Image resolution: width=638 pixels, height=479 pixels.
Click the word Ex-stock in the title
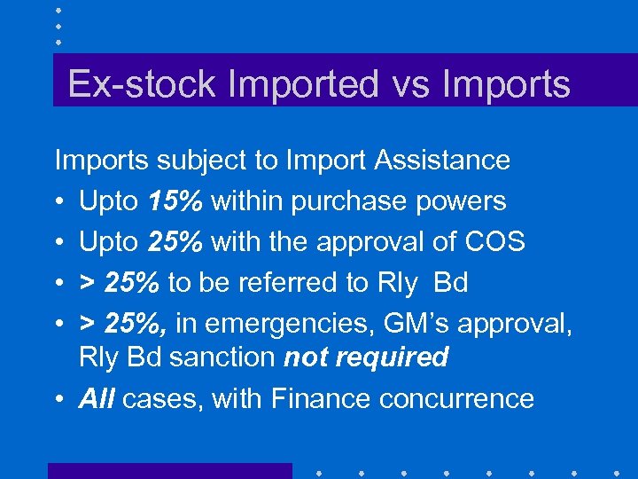(141, 85)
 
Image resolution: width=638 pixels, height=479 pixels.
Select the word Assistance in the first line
(442, 161)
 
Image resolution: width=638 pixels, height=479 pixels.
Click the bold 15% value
(177, 201)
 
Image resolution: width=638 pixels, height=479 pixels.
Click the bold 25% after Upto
(177, 242)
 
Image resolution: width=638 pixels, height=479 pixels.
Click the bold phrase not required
(367, 357)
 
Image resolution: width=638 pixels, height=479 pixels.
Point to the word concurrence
(463, 399)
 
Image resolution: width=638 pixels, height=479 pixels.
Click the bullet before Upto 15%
(59, 202)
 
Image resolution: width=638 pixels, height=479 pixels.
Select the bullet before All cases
(59, 399)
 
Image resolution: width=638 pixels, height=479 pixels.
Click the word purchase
(340, 202)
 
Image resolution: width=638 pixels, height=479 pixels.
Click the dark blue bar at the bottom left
(169, 471)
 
